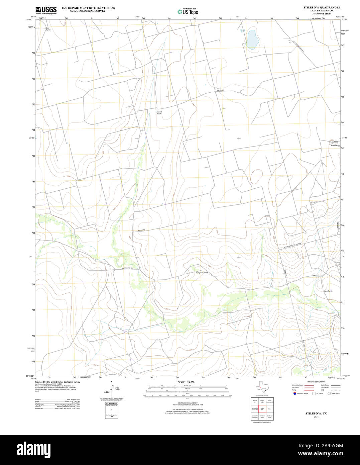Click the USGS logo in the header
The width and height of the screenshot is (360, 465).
click(x=46, y=10)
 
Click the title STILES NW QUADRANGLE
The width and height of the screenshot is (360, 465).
click(x=322, y=7)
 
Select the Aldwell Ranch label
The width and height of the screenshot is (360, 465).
click(x=159, y=113)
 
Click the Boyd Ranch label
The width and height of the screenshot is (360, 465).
click(x=335, y=146)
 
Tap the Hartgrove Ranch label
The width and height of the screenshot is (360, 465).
click(x=202, y=273)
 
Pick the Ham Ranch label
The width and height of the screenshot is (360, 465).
click(x=328, y=291)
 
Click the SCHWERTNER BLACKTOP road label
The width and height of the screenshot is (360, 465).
click(x=290, y=246)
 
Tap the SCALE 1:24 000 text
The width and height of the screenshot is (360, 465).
click(x=186, y=382)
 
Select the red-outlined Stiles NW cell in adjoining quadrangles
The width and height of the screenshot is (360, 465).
click(x=261, y=409)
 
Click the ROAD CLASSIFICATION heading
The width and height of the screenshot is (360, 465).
click(x=316, y=382)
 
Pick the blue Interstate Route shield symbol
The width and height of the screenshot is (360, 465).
click(x=294, y=393)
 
